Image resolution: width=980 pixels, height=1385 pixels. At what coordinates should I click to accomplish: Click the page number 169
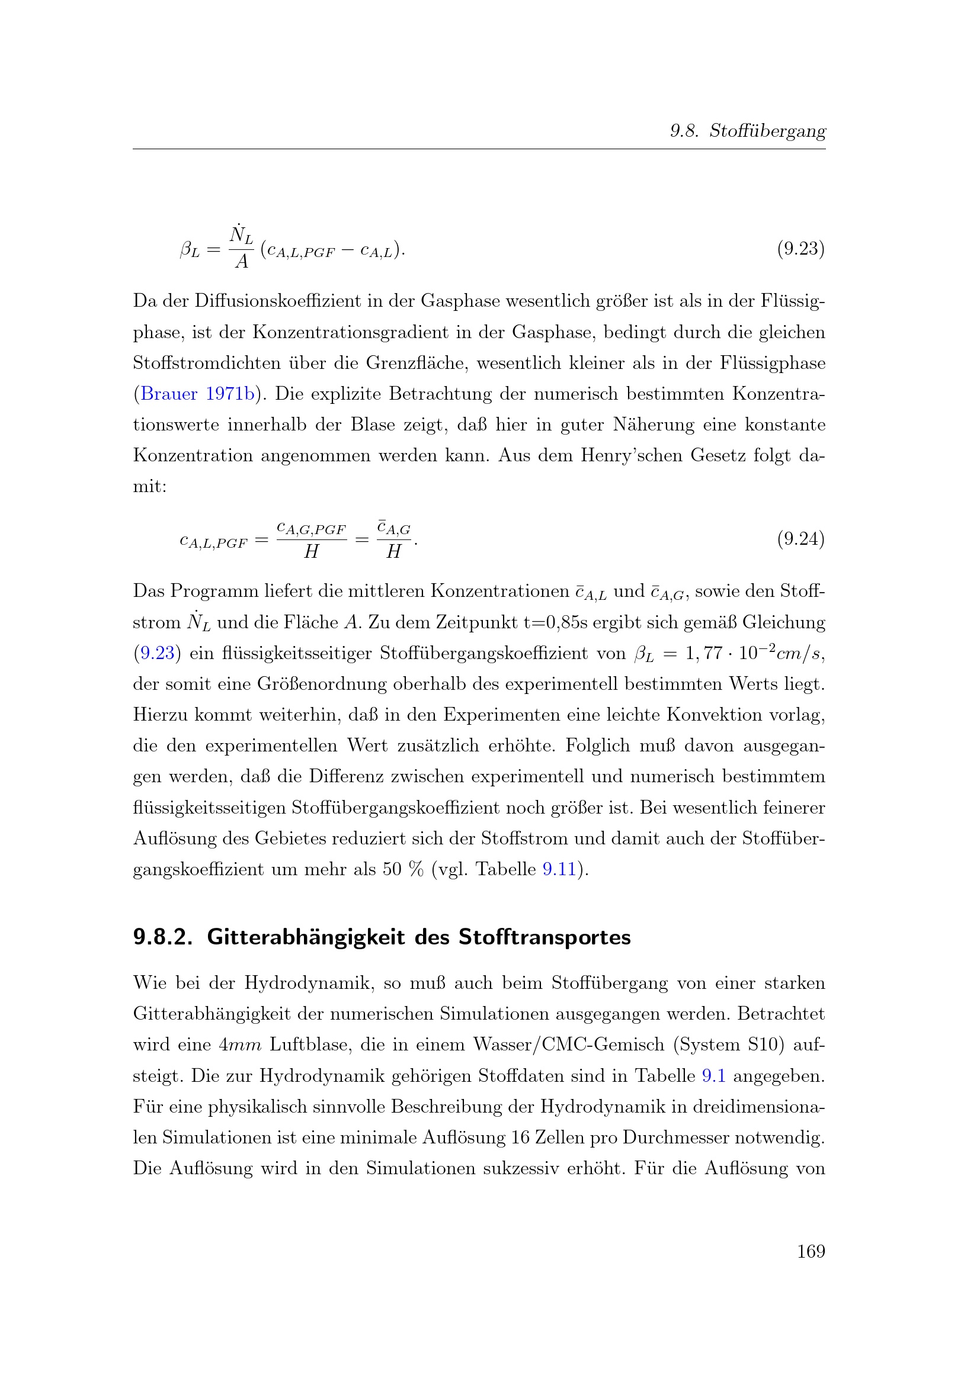(811, 1251)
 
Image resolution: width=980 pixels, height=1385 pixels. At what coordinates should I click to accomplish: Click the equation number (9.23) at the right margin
(800, 249)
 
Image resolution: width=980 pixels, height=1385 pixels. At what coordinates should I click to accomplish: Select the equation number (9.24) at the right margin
(800, 539)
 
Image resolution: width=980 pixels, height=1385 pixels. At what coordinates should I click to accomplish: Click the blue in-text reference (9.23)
(157, 653)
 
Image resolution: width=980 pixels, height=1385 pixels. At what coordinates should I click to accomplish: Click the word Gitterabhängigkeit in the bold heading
(306, 937)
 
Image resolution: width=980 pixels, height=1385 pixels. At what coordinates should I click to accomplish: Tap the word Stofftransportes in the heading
(545, 937)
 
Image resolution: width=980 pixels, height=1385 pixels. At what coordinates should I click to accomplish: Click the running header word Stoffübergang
(767, 131)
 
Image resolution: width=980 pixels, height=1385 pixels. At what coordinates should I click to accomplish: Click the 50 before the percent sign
(392, 869)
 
